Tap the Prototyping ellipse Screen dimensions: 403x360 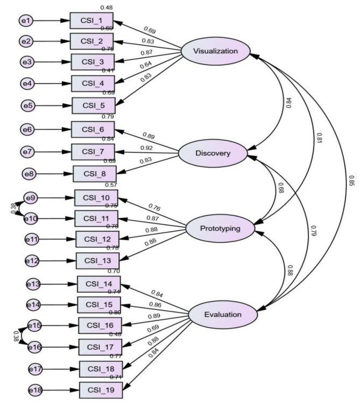tap(220, 228)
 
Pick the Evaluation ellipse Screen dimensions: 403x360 tap(222, 314)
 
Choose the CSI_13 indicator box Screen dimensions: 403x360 tap(97, 261)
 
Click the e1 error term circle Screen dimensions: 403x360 tap(25, 21)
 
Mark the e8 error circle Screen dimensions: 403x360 tap(30, 173)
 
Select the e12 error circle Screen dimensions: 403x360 tap(33, 261)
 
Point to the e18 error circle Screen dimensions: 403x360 tap(36, 387)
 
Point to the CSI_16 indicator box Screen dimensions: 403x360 tap(100, 325)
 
